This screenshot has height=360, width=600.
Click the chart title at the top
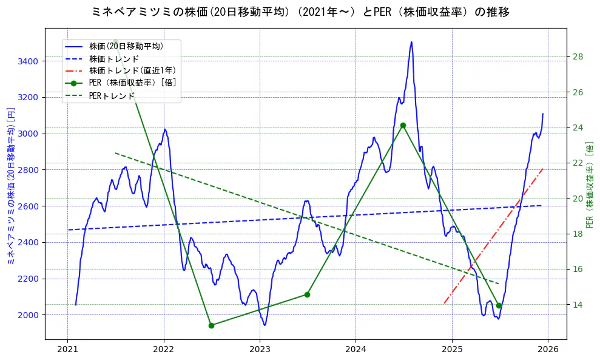pyautogui.click(x=300, y=12)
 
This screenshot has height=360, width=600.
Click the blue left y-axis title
pyautogui.click(x=10, y=186)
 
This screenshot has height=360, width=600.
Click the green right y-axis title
pyautogui.click(x=590, y=185)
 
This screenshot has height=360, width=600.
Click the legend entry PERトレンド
pyautogui.click(x=112, y=96)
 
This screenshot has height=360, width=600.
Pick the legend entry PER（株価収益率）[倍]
pyautogui.click(x=132, y=83)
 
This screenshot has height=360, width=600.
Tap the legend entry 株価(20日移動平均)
pyautogui.click(x=126, y=46)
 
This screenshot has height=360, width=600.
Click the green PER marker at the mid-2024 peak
pyautogui.click(x=403, y=126)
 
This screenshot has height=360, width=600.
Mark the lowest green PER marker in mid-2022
pyautogui.click(x=211, y=325)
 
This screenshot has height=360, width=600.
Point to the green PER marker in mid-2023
pyautogui.click(x=307, y=294)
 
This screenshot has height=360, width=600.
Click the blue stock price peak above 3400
pyautogui.click(x=411, y=42)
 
